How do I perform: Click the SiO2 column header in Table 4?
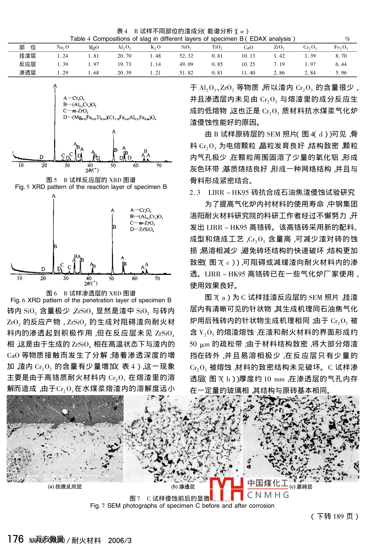[x=186, y=48]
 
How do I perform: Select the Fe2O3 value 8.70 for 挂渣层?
[x=341, y=56]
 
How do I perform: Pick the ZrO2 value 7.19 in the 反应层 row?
[x=279, y=64]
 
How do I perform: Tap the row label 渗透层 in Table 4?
[x=28, y=73]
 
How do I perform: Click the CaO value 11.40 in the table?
[x=248, y=73]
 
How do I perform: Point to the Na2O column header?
[x=62, y=48]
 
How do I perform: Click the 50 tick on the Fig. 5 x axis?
[x=113, y=166]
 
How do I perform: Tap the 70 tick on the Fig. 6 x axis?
[x=157, y=278]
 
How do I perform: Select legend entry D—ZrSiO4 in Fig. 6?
[x=142, y=229]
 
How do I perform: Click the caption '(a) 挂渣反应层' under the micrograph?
[x=65, y=487]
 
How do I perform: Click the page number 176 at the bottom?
[x=16, y=539]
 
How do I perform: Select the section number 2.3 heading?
[x=195, y=192]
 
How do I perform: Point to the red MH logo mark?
[x=227, y=488]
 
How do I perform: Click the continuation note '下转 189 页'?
[x=335, y=516]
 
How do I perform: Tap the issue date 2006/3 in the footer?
[x=120, y=541]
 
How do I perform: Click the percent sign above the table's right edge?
[x=347, y=39]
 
